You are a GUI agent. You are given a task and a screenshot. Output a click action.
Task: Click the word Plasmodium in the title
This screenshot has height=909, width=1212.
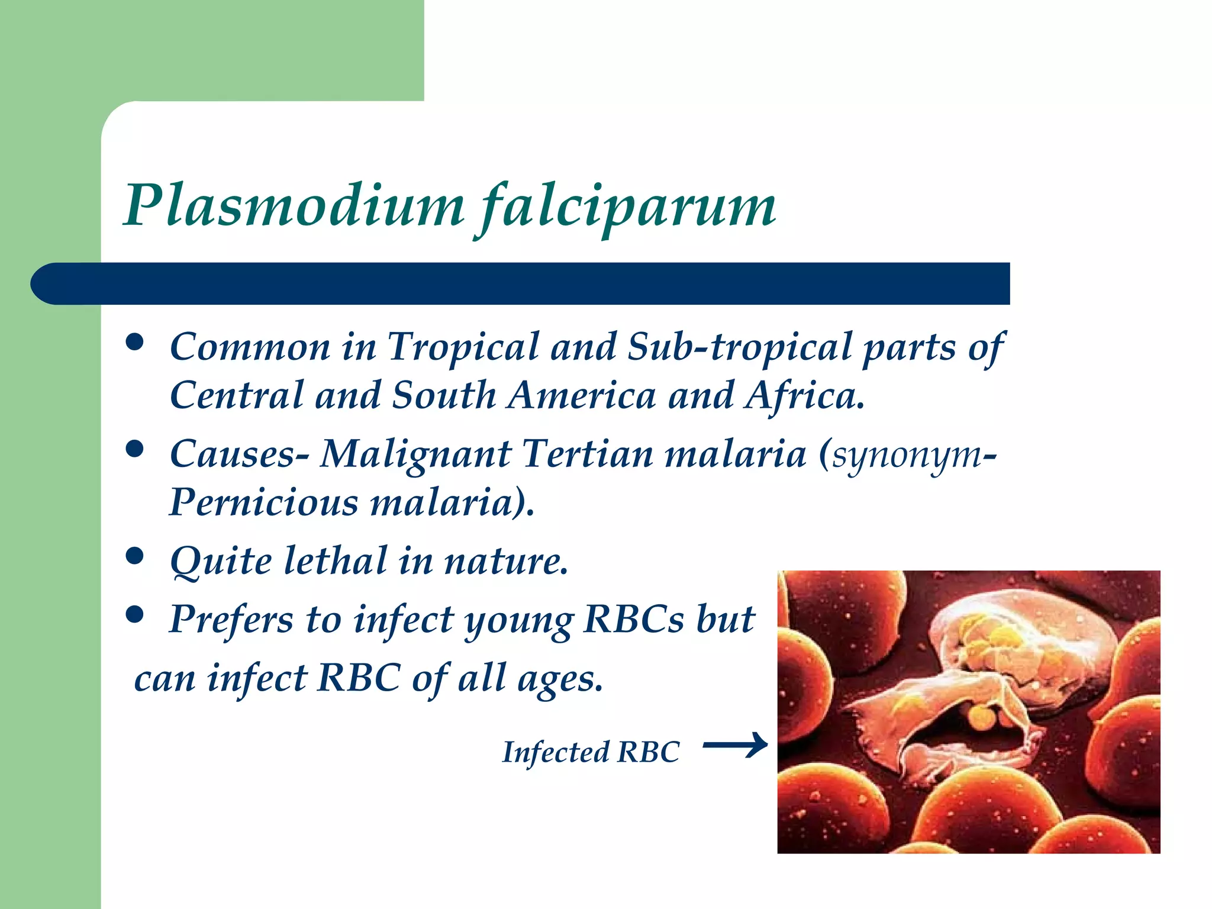click(294, 205)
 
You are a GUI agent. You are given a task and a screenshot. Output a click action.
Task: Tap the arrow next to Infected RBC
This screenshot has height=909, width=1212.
click(735, 745)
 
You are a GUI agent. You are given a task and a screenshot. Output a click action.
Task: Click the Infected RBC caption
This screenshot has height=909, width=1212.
click(591, 752)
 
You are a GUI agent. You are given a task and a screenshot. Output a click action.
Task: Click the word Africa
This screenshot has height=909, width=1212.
click(804, 395)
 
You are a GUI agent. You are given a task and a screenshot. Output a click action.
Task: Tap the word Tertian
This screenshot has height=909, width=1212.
click(588, 454)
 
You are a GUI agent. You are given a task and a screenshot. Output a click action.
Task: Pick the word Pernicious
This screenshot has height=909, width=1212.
click(263, 502)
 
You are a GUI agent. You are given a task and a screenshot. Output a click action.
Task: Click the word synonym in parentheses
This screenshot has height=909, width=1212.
click(907, 456)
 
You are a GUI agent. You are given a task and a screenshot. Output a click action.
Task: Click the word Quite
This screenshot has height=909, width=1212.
click(220, 562)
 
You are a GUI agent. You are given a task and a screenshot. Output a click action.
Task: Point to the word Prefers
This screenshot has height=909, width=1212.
click(231, 620)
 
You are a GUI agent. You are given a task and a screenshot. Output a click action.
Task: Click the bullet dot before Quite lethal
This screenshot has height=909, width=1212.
click(136, 556)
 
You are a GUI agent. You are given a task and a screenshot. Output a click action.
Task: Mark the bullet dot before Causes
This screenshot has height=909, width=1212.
click(136, 449)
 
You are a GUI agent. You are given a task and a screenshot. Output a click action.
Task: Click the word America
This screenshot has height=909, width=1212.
click(582, 395)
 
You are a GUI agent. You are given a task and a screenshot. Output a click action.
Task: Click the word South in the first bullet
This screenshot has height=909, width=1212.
click(444, 395)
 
